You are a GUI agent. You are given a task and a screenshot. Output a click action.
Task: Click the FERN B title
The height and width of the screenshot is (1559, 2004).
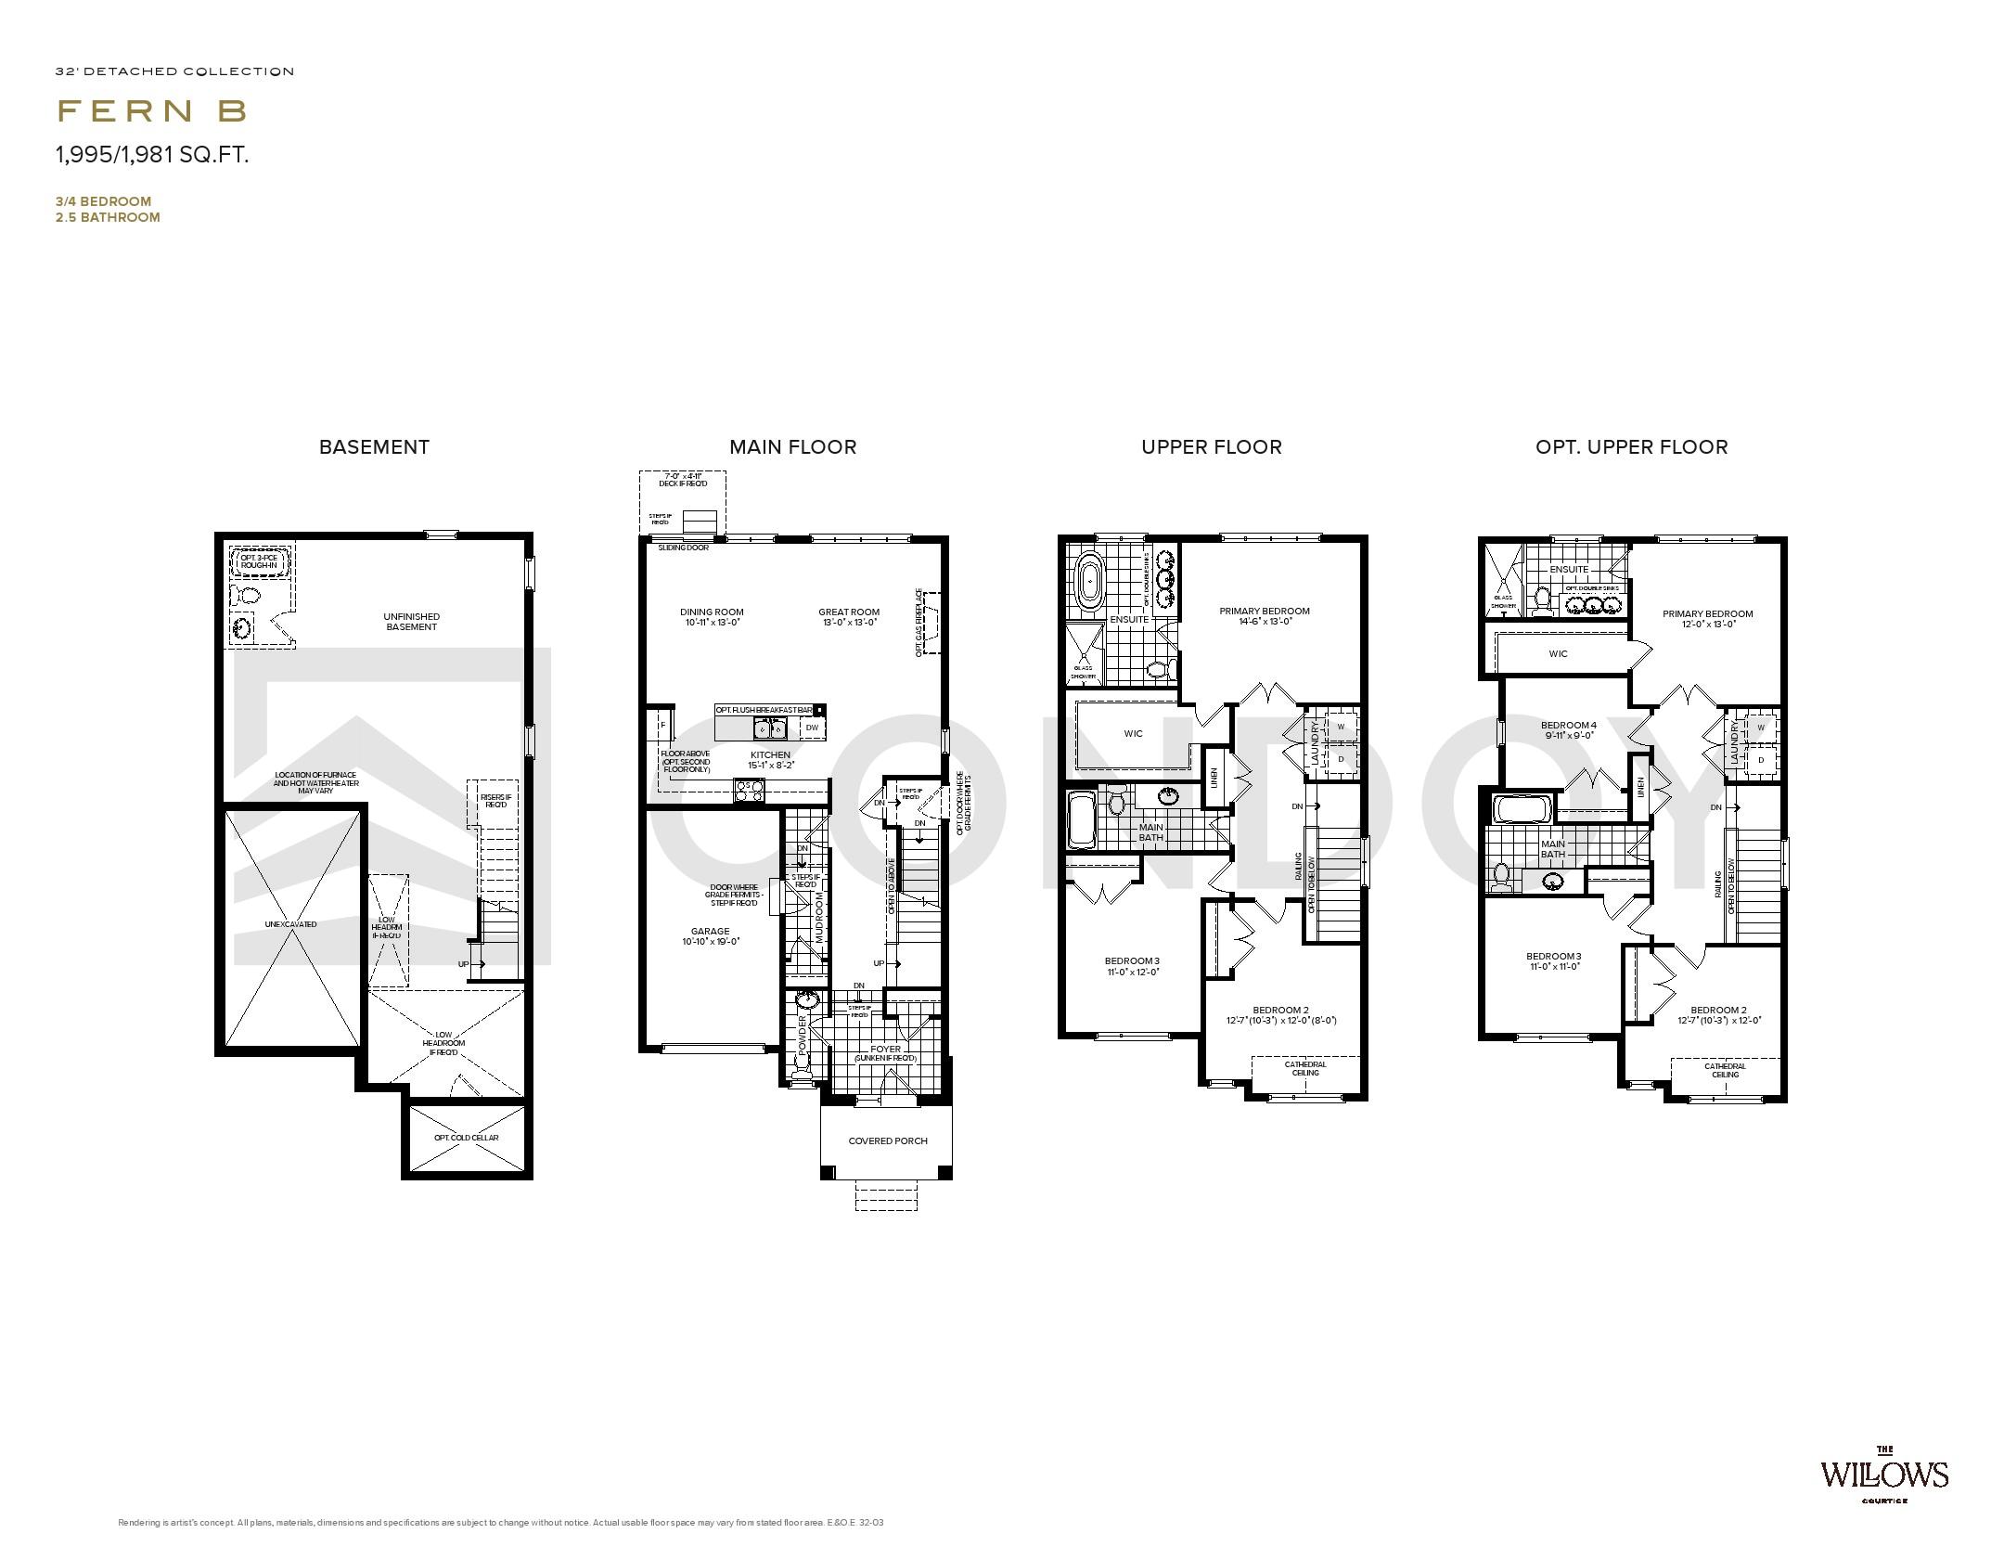point(152,111)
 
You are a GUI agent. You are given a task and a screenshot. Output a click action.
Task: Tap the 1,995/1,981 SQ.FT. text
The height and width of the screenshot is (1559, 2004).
point(152,155)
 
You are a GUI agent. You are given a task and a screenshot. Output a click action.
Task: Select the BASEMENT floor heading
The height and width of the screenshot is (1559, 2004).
point(374,447)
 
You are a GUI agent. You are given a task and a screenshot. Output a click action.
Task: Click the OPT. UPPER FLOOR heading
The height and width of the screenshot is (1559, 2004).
point(1631,447)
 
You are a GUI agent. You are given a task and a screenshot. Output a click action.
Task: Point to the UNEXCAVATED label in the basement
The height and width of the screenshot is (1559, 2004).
point(290,924)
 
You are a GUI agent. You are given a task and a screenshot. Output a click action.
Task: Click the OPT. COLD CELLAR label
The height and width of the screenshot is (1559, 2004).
point(466,1138)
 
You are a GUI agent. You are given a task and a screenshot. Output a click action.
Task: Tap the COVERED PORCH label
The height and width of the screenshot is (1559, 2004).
point(887,1140)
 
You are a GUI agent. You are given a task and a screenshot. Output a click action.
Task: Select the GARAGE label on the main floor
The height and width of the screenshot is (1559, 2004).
point(710,932)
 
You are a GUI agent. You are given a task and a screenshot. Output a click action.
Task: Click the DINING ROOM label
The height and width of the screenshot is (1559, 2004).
point(712,612)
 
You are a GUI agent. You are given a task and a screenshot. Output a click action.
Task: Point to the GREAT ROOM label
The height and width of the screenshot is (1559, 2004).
point(848,612)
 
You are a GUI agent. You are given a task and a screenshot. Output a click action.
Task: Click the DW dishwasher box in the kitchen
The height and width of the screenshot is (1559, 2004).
point(812,728)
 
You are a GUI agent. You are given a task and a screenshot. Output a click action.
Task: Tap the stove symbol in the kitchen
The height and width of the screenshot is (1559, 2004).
point(750,791)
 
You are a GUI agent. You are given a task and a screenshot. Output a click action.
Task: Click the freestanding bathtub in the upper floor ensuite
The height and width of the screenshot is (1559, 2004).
point(1087,582)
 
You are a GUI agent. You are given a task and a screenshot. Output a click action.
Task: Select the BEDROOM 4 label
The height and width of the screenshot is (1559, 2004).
point(1568,725)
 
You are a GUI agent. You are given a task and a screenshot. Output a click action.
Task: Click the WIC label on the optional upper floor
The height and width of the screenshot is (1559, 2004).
point(1558,653)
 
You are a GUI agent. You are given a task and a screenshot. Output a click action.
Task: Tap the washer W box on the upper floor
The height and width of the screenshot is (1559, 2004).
point(1340,727)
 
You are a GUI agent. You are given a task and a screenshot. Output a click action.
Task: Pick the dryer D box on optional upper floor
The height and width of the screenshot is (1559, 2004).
point(1760,760)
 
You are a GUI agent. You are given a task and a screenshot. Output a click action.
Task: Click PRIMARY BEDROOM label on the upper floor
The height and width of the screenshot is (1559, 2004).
point(1264,611)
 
